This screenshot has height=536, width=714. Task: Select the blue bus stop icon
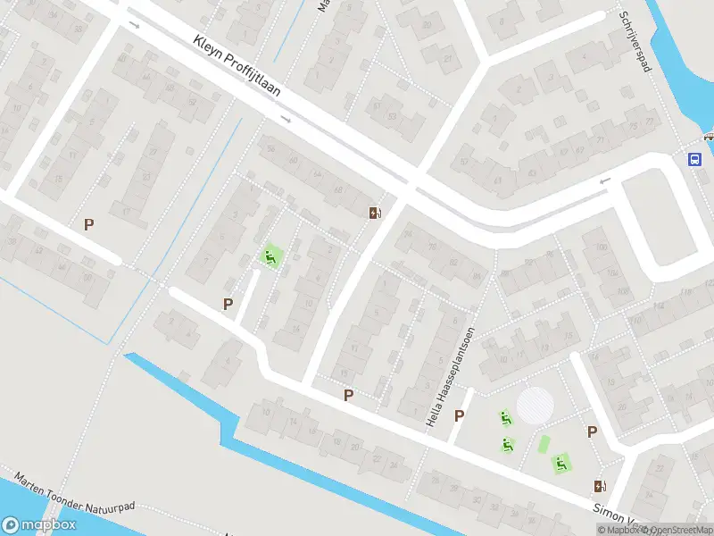[693, 159]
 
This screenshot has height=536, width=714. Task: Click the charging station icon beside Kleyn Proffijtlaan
[376, 213]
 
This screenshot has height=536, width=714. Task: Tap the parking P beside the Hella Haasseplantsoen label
[460, 415]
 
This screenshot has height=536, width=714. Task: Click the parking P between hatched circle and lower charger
[592, 432]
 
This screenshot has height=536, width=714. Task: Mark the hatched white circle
[535, 405]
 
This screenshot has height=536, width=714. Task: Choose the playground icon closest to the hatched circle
[505, 417]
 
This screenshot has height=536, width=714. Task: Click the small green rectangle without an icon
[544, 443]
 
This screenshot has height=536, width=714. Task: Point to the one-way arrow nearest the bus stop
[605, 181]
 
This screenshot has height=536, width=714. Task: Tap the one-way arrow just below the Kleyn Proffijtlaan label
[286, 119]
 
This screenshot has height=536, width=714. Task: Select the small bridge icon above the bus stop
[708, 137]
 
